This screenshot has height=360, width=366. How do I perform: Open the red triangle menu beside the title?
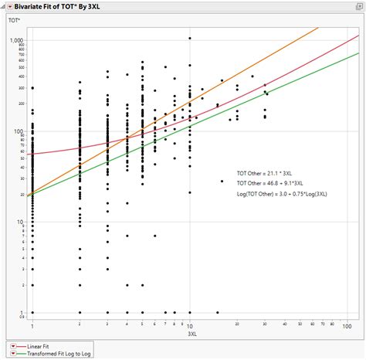point(8,5)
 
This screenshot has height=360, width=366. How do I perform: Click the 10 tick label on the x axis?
point(190,326)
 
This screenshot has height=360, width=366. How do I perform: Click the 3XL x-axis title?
point(190,335)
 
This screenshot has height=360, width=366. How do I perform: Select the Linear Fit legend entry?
point(36,345)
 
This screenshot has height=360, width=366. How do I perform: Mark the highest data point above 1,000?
point(190,38)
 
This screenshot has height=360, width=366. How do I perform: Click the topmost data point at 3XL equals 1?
point(32,88)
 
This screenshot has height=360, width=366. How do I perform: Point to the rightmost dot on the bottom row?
point(264,313)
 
